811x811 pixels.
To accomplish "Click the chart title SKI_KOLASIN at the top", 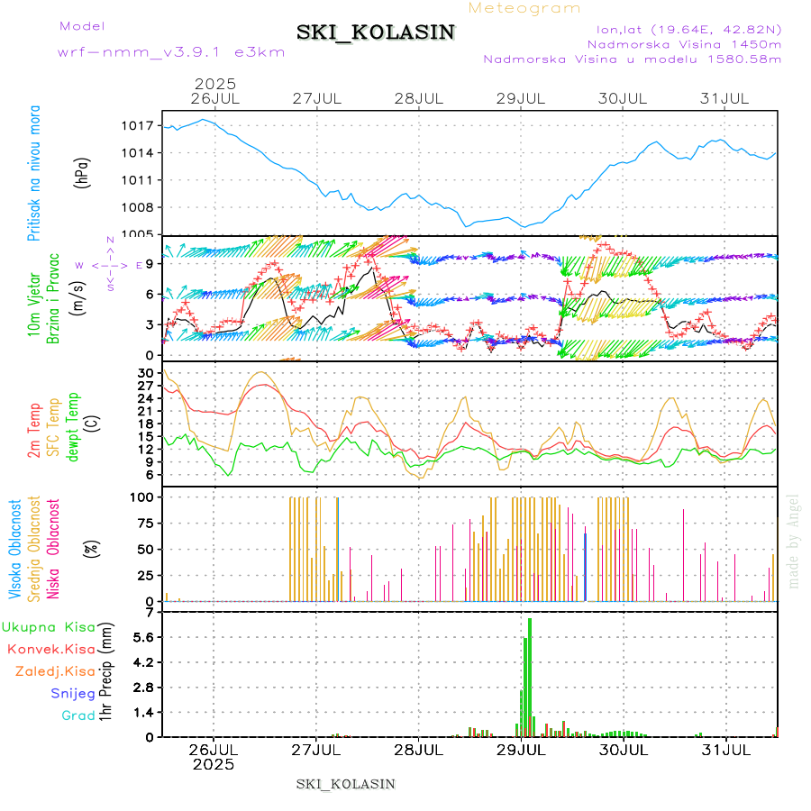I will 376,32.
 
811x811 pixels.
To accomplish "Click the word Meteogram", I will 525,8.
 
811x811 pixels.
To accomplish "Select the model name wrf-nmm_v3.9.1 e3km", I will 171,51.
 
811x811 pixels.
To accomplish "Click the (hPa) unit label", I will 83,171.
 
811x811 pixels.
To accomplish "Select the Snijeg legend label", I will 72,693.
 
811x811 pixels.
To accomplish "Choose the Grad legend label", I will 78,715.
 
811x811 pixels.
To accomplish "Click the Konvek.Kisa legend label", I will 50,649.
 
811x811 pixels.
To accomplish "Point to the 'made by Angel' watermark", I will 794,541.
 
